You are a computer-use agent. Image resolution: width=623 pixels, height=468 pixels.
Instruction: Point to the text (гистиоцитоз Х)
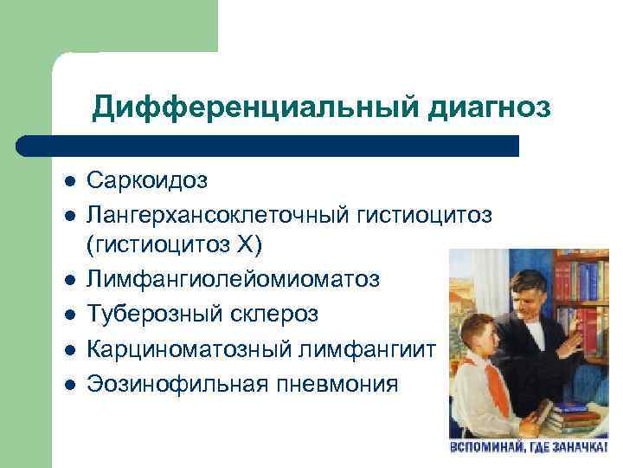(x=173, y=245)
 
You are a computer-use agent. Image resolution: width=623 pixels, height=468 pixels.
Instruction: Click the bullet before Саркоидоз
(x=69, y=181)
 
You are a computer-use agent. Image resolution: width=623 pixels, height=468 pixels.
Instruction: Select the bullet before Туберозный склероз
(x=69, y=313)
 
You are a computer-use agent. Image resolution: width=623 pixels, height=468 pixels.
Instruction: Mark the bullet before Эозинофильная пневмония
(x=69, y=382)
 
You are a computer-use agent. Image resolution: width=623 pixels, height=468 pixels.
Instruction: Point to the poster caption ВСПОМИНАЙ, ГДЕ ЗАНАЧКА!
(x=535, y=447)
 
